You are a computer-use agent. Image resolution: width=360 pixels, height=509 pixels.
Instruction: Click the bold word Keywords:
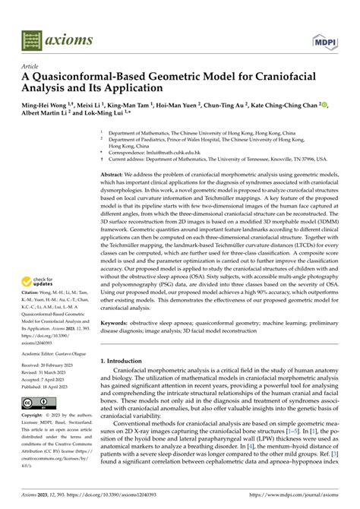(x=118, y=322)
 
